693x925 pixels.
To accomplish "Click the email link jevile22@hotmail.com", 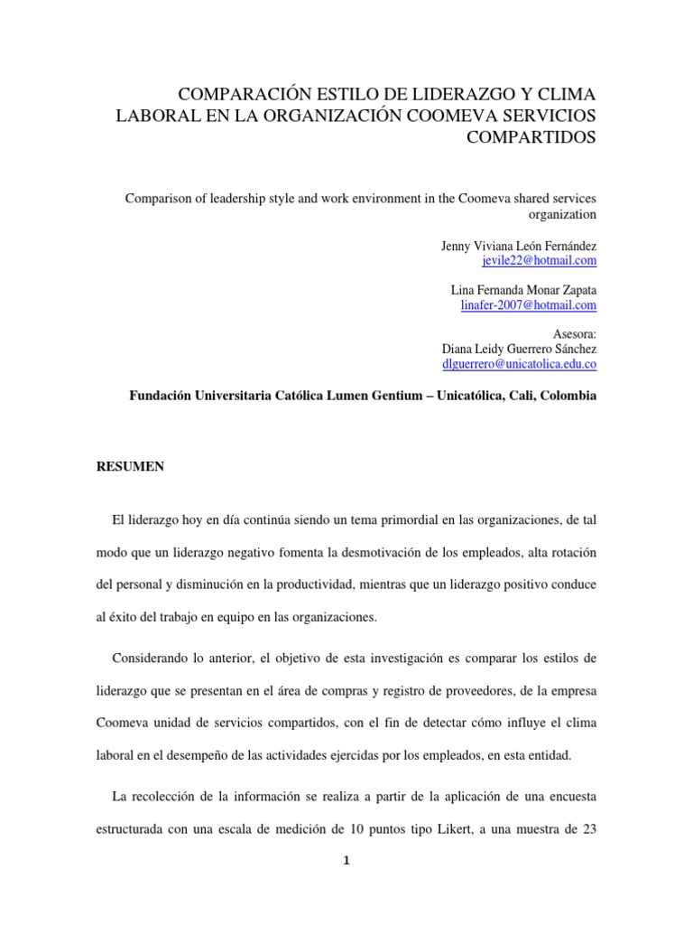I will tap(541, 261).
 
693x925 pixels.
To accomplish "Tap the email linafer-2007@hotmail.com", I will tap(528, 306).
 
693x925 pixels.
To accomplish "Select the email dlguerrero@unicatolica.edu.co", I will tap(519, 364).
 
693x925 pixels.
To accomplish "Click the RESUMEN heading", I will tap(130, 466).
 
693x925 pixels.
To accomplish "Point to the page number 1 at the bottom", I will tap(346, 861).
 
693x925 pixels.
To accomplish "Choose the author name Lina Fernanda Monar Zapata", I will tap(523, 291).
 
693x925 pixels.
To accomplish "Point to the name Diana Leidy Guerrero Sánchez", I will tap(519, 349).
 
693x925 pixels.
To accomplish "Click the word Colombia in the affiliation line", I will tap(569, 396).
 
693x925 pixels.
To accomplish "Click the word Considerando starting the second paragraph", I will tap(152, 655).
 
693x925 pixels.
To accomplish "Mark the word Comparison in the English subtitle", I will tap(158, 198).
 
